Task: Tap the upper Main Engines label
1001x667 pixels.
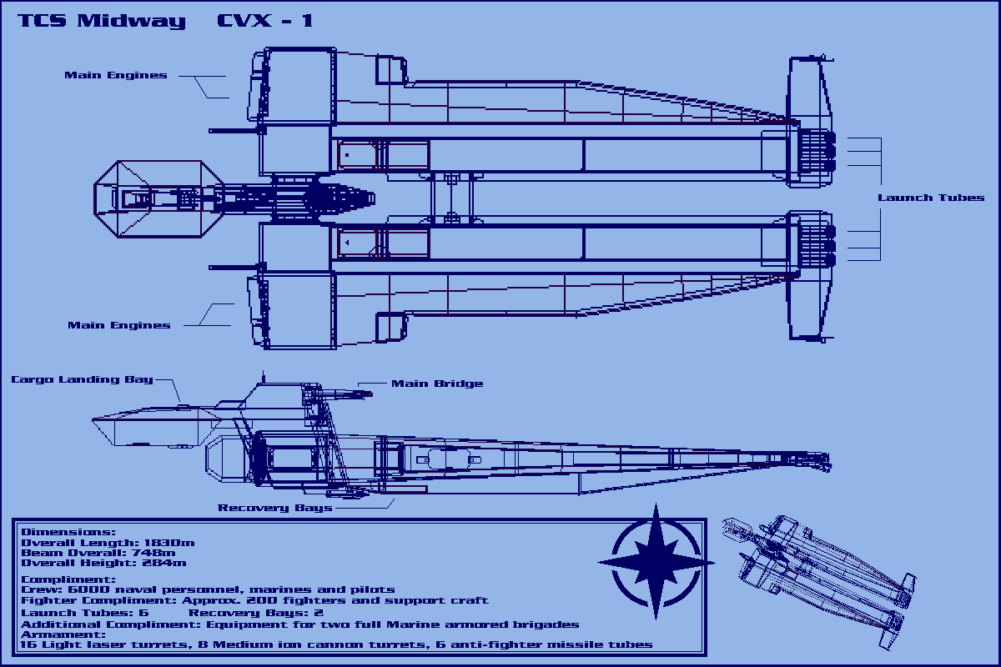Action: [116, 75]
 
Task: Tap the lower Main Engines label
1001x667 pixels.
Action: [118, 325]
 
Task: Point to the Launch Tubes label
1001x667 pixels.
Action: [930, 198]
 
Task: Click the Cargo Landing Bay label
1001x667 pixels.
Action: [82, 379]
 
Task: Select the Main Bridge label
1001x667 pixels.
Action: [436, 384]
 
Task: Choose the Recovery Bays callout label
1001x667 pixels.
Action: [274, 508]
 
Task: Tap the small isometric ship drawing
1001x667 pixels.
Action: [822, 575]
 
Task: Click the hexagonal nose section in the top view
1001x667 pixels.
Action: [157, 198]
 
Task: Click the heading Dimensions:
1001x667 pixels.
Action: [68, 532]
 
